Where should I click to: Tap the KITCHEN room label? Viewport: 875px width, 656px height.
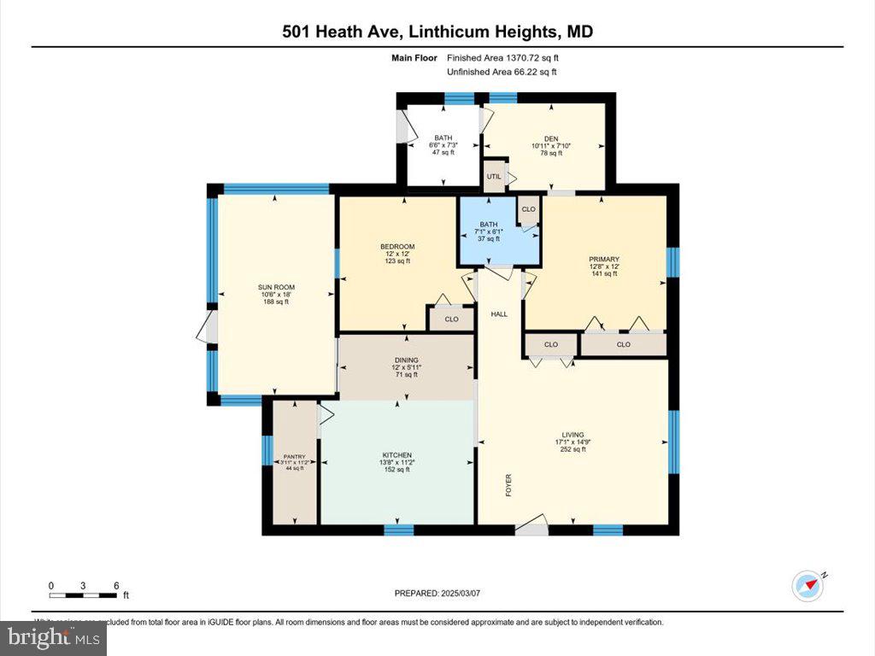397,455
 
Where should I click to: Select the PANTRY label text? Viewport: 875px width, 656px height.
294,457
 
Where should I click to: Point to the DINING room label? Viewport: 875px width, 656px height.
406,360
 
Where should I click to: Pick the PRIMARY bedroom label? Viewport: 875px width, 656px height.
603,260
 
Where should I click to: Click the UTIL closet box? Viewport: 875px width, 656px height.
494,176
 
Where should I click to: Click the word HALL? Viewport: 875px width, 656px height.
499,314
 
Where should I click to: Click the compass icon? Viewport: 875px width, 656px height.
808,586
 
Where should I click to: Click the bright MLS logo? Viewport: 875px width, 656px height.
53,637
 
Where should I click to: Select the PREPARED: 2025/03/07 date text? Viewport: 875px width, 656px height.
437,593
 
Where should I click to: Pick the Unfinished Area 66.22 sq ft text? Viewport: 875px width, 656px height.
502,72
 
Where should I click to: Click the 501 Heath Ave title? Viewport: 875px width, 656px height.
437,32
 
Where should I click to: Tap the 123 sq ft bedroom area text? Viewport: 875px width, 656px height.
397,261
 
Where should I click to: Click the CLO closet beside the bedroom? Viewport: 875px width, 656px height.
451,319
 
